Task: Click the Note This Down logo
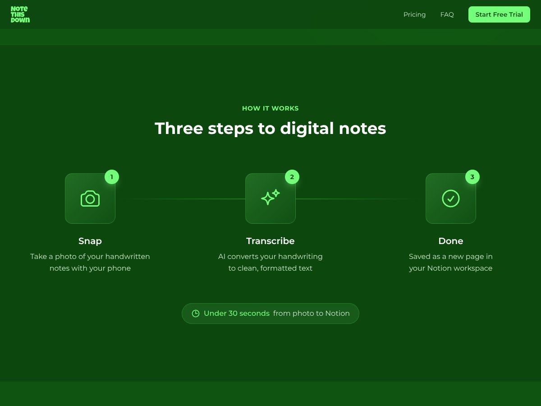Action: tap(20, 14)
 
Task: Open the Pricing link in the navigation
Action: tap(414, 14)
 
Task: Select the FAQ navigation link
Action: tap(447, 14)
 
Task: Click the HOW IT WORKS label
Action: tap(270, 108)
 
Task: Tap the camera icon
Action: tap(90, 198)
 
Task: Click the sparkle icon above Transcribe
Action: tap(270, 198)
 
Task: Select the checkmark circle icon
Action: tap(451, 198)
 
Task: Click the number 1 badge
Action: tap(112, 177)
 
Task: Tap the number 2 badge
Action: tap(292, 177)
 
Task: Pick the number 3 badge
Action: tap(472, 177)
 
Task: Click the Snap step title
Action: tap(90, 241)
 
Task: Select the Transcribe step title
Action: tap(270, 241)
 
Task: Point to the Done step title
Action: tap(451, 241)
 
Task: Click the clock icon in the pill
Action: tap(196, 314)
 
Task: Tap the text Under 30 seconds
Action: tap(237, 314)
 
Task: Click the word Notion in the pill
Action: tap(337, 314)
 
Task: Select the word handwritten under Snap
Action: tap(128, 257)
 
